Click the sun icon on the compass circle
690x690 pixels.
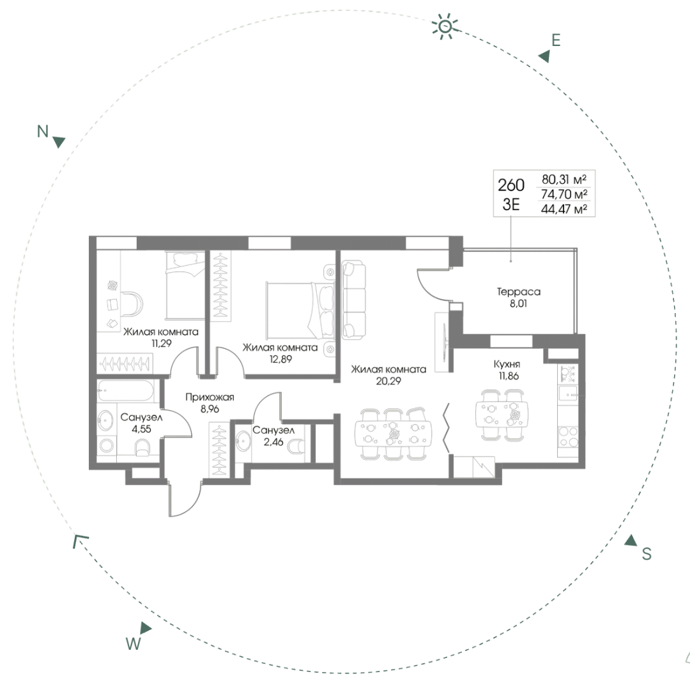(445, 26)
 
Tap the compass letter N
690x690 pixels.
(43, 131)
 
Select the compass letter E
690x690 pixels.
(556, 40)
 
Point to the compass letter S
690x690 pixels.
(646, 553)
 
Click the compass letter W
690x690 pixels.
(133, 643)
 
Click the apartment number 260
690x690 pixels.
(511, 185)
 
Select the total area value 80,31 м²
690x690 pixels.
(563, 179)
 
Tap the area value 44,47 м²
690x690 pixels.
(563, 209)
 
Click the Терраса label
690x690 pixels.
(518, 291)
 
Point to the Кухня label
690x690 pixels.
(507, 364)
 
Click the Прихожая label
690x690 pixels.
(210, 397)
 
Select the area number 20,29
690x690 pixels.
(388, 381)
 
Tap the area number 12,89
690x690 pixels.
(280, 359)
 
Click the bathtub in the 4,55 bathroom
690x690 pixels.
(126, 391)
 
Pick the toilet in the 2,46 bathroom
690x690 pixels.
(296, 446)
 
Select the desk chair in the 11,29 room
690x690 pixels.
(132, 303)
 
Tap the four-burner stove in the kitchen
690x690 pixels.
(568, 436)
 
